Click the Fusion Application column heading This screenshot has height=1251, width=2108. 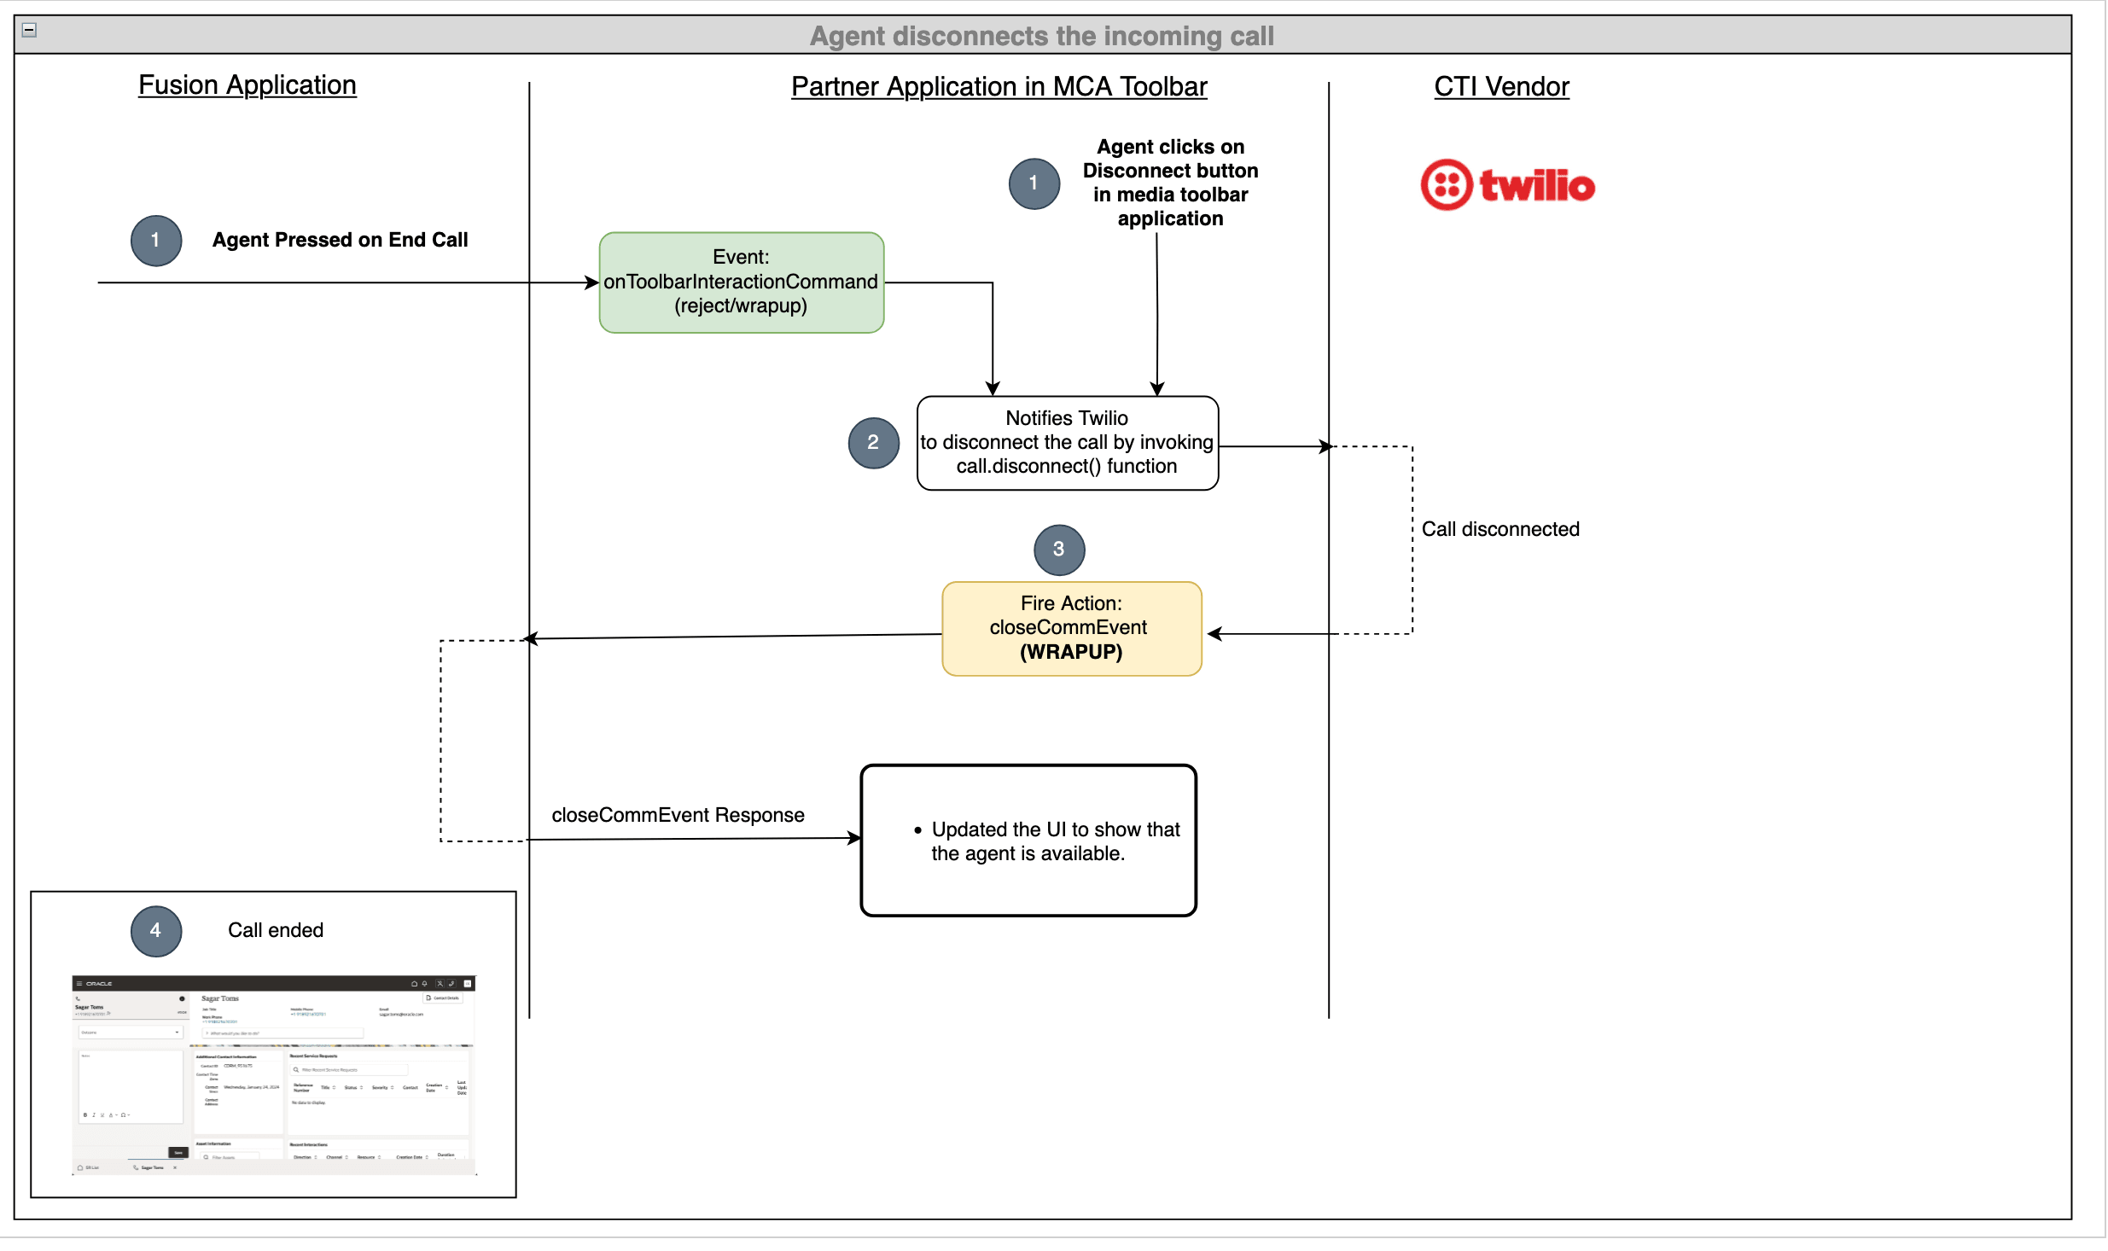pyautogui.click(x=247, y=85)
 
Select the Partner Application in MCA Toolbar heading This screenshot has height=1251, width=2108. pyautogui.click(x=999, y=87)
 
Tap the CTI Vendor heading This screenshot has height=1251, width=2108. pyautogui.click(x=1500, y=87)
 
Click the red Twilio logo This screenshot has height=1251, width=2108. pyautogui.click(x=1507, y=185)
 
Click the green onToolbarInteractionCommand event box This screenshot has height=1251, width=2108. pyautogui.click(x=741, y=282)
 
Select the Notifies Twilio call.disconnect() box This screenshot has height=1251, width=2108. pyautogui.click(x=1067, y=443)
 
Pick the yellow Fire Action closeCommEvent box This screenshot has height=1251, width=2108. pyautogui.click(x=1071, y=629)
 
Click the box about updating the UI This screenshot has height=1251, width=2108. pyautogui.click(x=1028, y=841)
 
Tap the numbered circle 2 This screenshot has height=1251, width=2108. pyautogui.click(x=873, y=443)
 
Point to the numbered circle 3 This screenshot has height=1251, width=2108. pyautogui.click(x=1058, y=550)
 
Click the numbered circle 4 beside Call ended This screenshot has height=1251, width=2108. pyautogui.click(x=155, y=931)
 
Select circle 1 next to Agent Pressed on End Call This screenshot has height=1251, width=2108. pyautogui.click(x=155, y=241)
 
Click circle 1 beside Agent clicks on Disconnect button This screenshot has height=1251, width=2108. pyautogui.click(x=1034, y=183)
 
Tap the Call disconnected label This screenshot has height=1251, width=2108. pyautogui.click(x=1499, y=530)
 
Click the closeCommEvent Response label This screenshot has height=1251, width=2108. pyautogui.click(x=678, y=816)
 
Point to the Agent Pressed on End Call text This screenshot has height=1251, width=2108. pyautogui.click(x=340, y=241)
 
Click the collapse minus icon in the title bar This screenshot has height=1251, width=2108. pyautogui.click(x=29, y=31)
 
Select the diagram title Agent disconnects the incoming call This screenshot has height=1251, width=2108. pyautogui.click(x=1041, y=36)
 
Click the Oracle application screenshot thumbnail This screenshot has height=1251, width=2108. pyautogui.click(x=273, y=1075)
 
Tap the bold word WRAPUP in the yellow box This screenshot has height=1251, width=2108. pyautogui.click(x=1071, y=653)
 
